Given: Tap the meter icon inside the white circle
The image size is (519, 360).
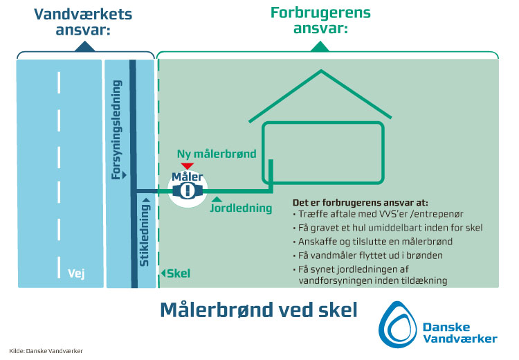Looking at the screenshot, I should click(x=188, y=192).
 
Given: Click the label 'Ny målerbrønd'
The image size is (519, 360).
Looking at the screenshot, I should click(x=217, y=154).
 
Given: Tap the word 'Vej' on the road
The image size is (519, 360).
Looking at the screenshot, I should click(x=76, y=273).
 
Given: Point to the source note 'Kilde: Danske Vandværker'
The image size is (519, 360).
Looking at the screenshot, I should click(x=46, y=351).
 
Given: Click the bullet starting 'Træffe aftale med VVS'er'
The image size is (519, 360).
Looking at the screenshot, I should click(x=372, y=215).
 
